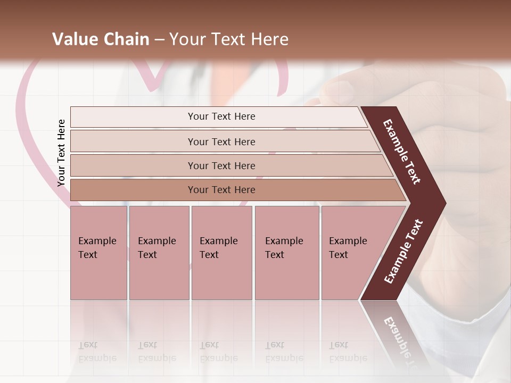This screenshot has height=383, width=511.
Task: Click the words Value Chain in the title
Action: pos(101,39)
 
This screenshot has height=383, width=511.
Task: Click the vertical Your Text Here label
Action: pos(61,153)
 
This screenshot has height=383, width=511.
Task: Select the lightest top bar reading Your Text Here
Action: pos(221,116)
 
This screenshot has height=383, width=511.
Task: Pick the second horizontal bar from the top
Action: pos(221,141)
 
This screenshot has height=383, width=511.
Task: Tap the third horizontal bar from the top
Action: pos(221,165)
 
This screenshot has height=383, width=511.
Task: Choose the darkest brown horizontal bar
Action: pos(221,190)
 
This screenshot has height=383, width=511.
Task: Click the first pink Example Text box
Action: pos(98,253)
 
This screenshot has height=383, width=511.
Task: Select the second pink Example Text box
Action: pos(159,253)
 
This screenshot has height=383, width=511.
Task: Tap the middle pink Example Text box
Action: pos(221,253)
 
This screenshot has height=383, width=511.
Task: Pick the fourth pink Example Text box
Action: pos(286,253)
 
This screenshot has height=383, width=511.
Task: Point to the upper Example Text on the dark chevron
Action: pos(402,152)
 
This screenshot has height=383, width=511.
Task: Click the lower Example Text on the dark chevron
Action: pos(403,252)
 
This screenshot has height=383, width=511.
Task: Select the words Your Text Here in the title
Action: pos(229,39)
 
